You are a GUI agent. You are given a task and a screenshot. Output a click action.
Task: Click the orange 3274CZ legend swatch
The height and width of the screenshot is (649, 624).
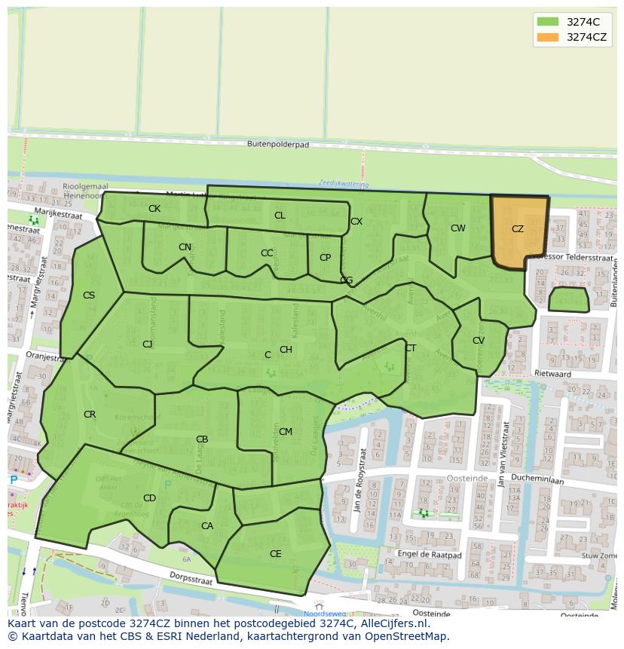point(548,37)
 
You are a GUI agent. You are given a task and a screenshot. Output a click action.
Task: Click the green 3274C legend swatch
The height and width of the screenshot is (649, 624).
point(548,22)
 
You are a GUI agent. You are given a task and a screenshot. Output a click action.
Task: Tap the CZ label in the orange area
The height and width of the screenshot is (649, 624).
point(518,229)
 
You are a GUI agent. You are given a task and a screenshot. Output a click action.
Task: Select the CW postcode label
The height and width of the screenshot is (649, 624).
point(458,228)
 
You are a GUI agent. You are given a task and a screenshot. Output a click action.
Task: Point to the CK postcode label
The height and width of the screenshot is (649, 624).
point(154,209)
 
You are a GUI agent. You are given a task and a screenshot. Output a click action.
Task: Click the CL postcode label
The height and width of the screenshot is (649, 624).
point(280,216)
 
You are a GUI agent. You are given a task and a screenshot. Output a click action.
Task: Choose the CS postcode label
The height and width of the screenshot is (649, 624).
point(89,295)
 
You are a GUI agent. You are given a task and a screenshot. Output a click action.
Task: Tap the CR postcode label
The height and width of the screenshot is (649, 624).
point(90,415)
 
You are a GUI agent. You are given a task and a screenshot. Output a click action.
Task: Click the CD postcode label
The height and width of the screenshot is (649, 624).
point(149,498)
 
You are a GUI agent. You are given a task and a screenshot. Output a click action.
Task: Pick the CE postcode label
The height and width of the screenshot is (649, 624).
point(276,554)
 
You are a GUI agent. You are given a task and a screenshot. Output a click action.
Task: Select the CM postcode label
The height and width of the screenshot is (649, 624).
point(286,432)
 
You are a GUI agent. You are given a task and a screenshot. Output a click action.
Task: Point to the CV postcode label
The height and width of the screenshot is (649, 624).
point(479,341)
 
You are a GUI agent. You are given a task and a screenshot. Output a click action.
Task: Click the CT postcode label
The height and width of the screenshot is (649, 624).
point(411,348)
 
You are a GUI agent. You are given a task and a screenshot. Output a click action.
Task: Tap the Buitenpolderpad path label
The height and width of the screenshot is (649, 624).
point(278,144)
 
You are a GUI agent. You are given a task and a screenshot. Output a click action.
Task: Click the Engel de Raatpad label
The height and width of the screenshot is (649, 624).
point(429,553)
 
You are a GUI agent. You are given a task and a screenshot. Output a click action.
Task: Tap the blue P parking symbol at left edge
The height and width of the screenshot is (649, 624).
point(13,480)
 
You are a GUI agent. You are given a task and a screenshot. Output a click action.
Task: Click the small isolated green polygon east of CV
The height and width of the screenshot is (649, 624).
point(568,299)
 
